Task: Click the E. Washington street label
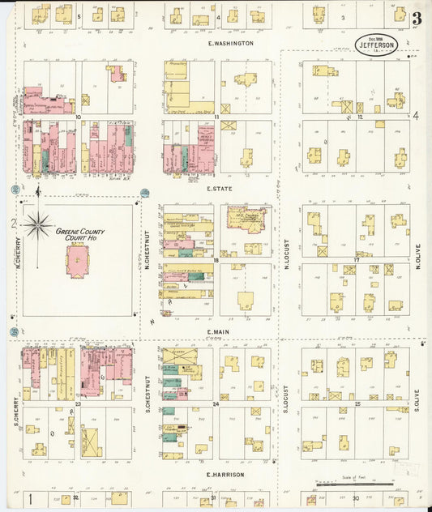(230, 43)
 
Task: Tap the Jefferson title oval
(376, 45)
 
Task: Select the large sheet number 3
(416, 18)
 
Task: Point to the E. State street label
(220, 188)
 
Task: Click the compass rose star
(38, 224)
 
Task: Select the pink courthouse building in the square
(77, 261)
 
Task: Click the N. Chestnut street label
(148, 251)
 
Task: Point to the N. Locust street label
(287, 252)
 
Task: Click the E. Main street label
(219, 331)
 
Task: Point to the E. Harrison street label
(220, 474)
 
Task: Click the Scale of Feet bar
(357, 484)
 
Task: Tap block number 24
(216, 403)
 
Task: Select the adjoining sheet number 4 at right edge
(415, 115)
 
